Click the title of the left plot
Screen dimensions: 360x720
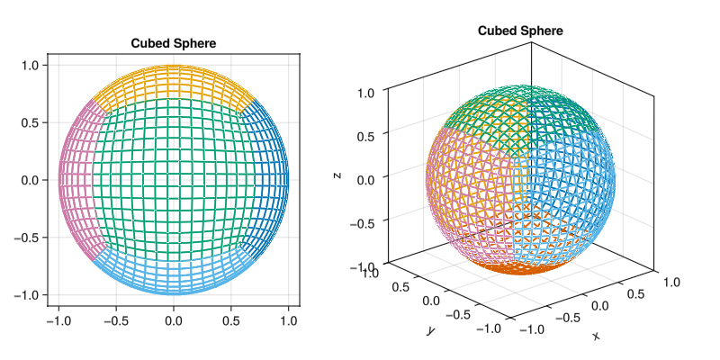coord(173,43)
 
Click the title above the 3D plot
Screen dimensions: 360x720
coord(520,31)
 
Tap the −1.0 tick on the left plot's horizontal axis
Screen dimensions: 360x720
coord(58,319)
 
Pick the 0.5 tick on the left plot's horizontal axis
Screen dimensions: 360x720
coord(230,319)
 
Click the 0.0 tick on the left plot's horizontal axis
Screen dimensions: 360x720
coord(173,319)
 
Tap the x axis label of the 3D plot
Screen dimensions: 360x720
coord(595,336)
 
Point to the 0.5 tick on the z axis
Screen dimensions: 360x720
coord(367,134)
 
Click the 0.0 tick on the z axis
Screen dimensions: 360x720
coord(367,178)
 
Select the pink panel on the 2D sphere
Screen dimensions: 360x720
coord(76,180)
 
